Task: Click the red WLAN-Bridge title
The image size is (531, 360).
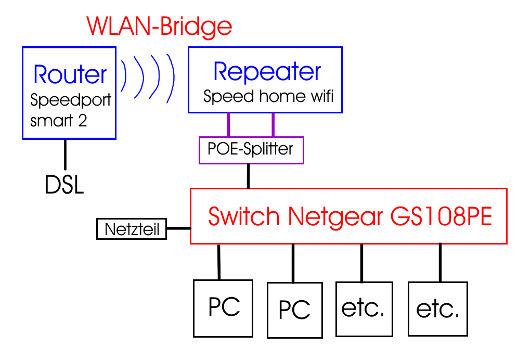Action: point(159,25)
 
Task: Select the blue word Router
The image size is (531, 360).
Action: point(70,75)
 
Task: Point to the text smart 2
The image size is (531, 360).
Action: point(59,121)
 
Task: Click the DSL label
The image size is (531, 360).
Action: point(64,186)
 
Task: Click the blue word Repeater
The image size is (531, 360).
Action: point(267,72)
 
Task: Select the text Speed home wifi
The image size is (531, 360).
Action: point(268,97)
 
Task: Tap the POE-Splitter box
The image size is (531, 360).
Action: point(251,150)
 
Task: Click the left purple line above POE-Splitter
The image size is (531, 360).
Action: point(228,124)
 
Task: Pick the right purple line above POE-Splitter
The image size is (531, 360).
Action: point(273,124)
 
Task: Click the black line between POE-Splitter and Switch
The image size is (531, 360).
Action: point(249,176)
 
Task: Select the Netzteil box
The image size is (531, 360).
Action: point(131,229)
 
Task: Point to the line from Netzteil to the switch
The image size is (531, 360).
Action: point(178,228)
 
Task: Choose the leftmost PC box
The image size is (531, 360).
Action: point(223,307)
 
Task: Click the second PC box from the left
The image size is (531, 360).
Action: point(294,310)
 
